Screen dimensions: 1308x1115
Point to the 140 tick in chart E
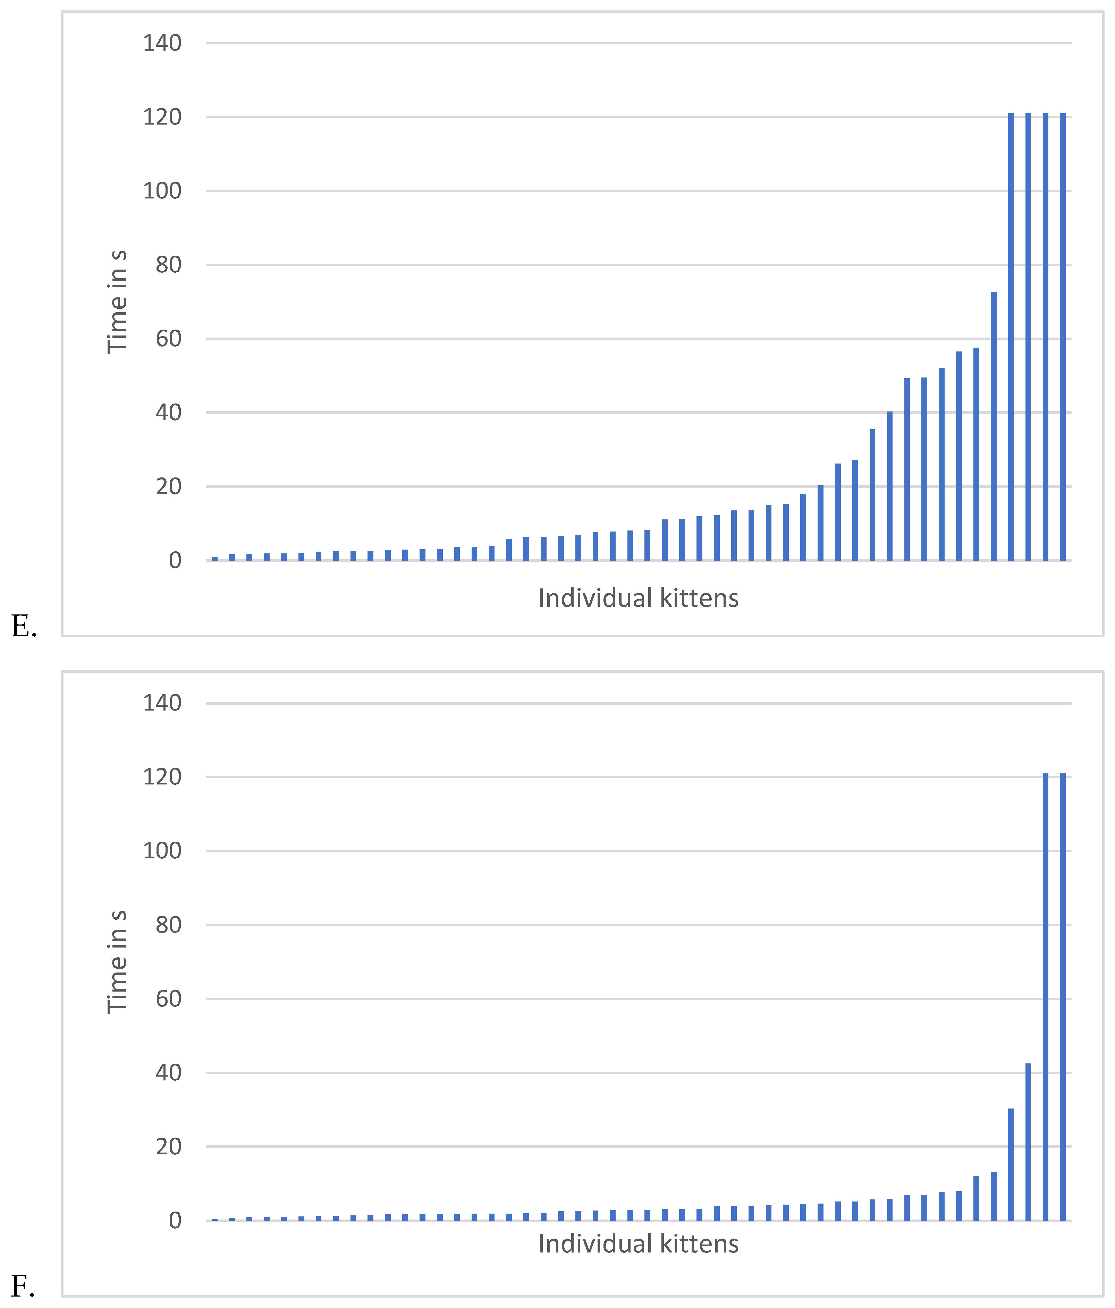tap(162, 44)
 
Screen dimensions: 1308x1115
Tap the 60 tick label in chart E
tap(169, 339)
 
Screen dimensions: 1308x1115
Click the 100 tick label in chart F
tap(162, 851)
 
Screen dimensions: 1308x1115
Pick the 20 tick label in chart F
tap(169, 1146)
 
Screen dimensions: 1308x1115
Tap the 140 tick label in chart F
tap(162, 703)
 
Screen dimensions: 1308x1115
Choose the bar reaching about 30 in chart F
tap(1011, 1165)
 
